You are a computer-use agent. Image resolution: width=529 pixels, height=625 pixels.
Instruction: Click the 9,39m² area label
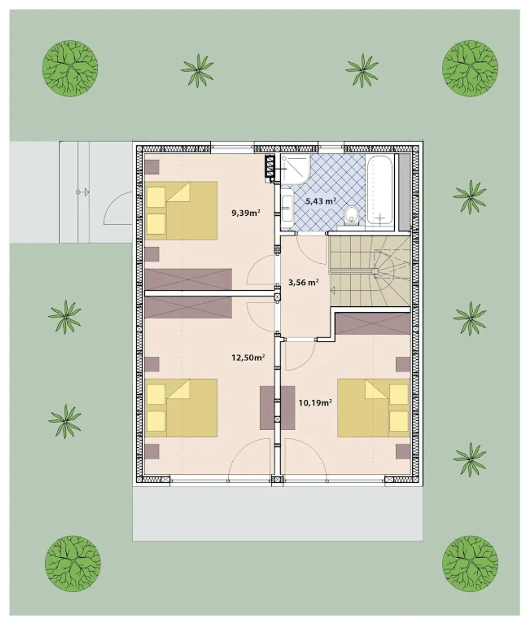246,213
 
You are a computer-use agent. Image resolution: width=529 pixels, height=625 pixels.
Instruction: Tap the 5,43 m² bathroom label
321,201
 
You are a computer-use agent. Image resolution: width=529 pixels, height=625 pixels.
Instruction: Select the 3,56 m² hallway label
303,282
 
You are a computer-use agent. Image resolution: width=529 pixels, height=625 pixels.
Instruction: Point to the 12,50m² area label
248,358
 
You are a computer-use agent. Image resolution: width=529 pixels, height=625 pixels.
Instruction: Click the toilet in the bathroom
351,215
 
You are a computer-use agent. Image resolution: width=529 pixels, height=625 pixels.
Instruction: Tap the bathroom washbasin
287,208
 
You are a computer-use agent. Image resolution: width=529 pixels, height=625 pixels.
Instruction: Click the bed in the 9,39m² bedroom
181,211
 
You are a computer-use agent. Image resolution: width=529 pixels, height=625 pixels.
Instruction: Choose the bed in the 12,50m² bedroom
181,408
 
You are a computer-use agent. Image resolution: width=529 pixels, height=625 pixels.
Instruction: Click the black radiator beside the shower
269,166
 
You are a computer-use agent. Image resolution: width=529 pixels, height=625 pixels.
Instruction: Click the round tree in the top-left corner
70,68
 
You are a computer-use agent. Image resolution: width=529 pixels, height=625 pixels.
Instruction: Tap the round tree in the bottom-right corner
470,564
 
